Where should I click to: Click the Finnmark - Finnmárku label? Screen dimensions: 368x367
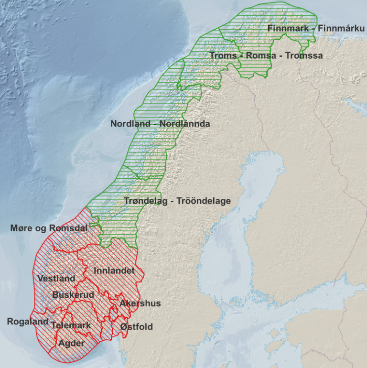(316, 28)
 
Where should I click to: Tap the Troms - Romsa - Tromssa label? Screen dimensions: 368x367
(266, 55)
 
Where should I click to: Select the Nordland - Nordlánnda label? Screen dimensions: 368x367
(160, 124)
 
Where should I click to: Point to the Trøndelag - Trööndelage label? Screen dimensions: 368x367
(177, 201)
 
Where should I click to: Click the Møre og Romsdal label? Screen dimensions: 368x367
(49, 228)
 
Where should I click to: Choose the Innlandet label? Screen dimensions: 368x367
(114, 271)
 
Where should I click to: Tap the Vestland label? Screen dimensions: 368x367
(56, 278)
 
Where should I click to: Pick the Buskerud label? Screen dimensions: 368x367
(73, 295)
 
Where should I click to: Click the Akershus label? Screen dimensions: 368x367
(140, 303)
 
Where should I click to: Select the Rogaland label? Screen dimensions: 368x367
(28, 322)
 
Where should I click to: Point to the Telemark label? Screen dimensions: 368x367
(71, 325)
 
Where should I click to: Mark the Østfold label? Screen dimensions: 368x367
(137, 326)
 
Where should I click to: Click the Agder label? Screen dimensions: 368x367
(72, 343)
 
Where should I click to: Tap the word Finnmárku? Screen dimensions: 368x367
(344, 28)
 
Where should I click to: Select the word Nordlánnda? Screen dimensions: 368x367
(186, 124)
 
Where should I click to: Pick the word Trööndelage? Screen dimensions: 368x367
(204, 201)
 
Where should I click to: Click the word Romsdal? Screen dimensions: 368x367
(70, 228)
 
